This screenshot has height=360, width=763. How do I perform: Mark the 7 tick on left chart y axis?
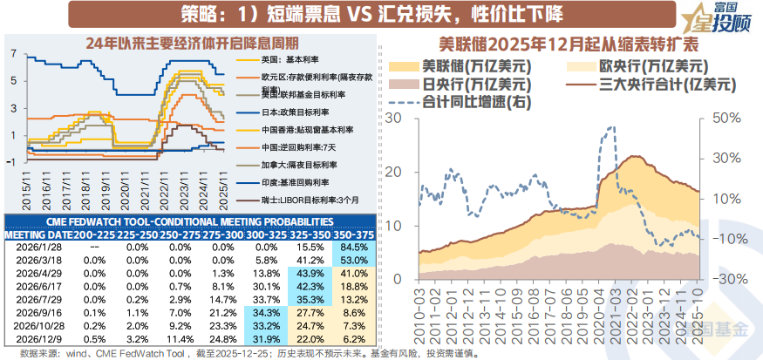[x=13, y=53]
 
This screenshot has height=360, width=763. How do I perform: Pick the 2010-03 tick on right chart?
[x=422, y=305]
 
